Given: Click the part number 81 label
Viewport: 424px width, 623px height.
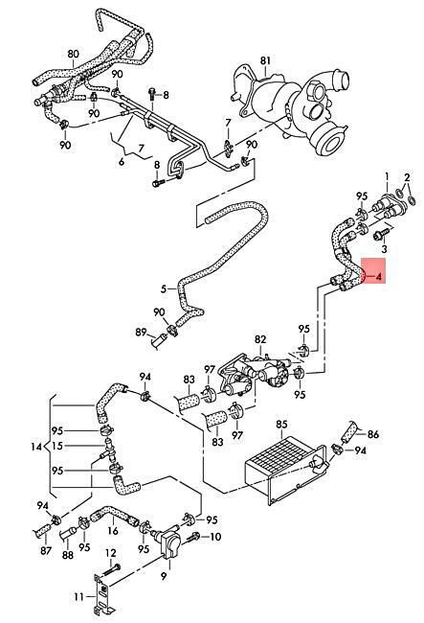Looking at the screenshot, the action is tap(265, 60).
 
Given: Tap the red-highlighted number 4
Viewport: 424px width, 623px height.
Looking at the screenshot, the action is tap(379, 276).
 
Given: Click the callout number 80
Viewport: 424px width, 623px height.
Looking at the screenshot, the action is tap(74, 54).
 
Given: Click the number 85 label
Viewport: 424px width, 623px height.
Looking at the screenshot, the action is tap(281, 425).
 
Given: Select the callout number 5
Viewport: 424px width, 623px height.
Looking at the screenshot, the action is tap(164, 288).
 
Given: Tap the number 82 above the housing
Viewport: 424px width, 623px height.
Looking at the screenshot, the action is tap(260, 339).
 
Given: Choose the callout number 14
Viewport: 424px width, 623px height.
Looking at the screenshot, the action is tap(36, 447).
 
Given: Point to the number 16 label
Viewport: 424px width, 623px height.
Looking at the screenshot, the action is tap(113, 531).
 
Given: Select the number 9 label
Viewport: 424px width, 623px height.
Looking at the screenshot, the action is tap(164, 576).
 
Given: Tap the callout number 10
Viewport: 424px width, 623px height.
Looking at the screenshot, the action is tap(215, 537).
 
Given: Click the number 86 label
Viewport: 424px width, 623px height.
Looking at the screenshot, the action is tap(373, 434).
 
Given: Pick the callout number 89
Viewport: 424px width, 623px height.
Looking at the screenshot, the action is tap(142, 332).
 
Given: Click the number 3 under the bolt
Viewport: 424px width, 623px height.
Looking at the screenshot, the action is tap(384, 249).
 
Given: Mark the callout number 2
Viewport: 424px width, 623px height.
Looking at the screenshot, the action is tap(408, 176).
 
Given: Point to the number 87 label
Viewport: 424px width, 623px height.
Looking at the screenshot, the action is tap(46, 550).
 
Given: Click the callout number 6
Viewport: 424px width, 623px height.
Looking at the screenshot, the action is tap(122, 162).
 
